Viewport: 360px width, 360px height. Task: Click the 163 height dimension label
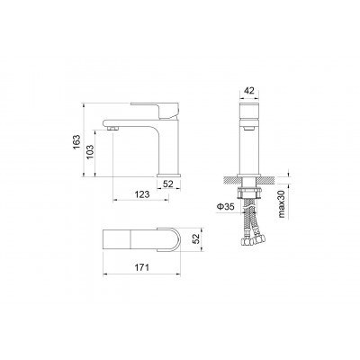(x=76, y=142)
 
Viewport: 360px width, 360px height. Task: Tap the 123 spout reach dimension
(x=141, y=194)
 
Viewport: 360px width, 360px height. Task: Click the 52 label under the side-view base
(x=168, y=184)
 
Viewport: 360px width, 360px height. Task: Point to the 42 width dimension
(x=249, y=90)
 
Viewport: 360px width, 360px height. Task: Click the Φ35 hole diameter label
(x=225, y=207)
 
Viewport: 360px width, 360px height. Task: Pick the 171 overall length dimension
(x=141, y=267)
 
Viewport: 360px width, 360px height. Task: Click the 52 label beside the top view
(x=195, y=239)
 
